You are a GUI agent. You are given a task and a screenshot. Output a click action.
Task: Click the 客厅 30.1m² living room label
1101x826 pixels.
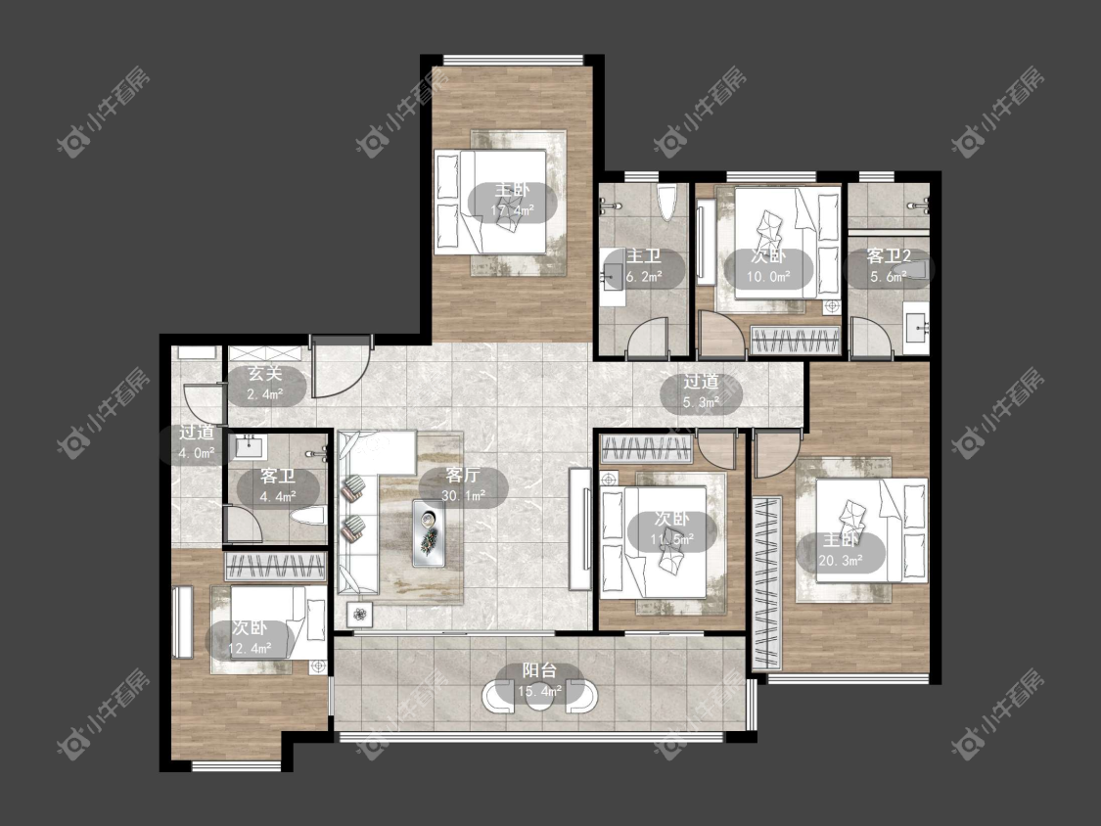[x=464, y=486]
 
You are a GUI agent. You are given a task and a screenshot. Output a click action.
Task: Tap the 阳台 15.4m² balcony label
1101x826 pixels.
[x=539, y=681]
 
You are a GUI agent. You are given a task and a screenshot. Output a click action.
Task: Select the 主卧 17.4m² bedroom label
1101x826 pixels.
[x=513, y=201]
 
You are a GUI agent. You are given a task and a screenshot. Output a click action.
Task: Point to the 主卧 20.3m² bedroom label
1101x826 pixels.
[x=841, y=551]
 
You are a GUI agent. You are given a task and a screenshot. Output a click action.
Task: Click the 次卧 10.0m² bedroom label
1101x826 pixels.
[x=768, y=266]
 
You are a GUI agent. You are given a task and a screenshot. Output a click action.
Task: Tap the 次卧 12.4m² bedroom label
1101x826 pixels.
[x=250, y=638]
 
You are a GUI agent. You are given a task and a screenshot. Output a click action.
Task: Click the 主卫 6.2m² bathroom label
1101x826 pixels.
[x=644, y=266]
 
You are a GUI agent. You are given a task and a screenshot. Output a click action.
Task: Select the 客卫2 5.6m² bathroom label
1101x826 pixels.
[x=889, y=266]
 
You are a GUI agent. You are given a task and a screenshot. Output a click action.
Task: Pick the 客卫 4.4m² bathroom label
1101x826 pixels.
[x=278, y=486]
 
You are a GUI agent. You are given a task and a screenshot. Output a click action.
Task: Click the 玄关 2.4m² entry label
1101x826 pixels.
[x=264, y=384]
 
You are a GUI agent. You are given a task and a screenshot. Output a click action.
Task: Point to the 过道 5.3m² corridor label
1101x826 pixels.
[x=701, y=391]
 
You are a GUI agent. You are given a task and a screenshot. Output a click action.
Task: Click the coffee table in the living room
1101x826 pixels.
[x=429, y=532]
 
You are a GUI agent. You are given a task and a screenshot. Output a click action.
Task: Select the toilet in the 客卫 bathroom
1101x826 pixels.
[x=308, y=518]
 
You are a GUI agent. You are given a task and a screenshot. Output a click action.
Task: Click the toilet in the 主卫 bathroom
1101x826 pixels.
[x=666, y=201]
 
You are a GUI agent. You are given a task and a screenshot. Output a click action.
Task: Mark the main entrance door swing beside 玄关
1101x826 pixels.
[x=340, y=367]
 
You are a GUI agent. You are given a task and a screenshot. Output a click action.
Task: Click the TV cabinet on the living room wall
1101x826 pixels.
[x=579, y=528]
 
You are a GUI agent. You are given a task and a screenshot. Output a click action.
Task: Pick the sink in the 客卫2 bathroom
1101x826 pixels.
[x=916, y=327]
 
